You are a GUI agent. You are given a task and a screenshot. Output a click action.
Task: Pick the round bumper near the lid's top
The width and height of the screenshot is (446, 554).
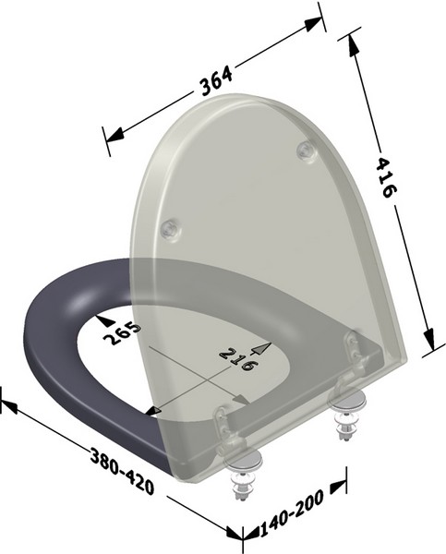pyautogui.click(x=305, y=151)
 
